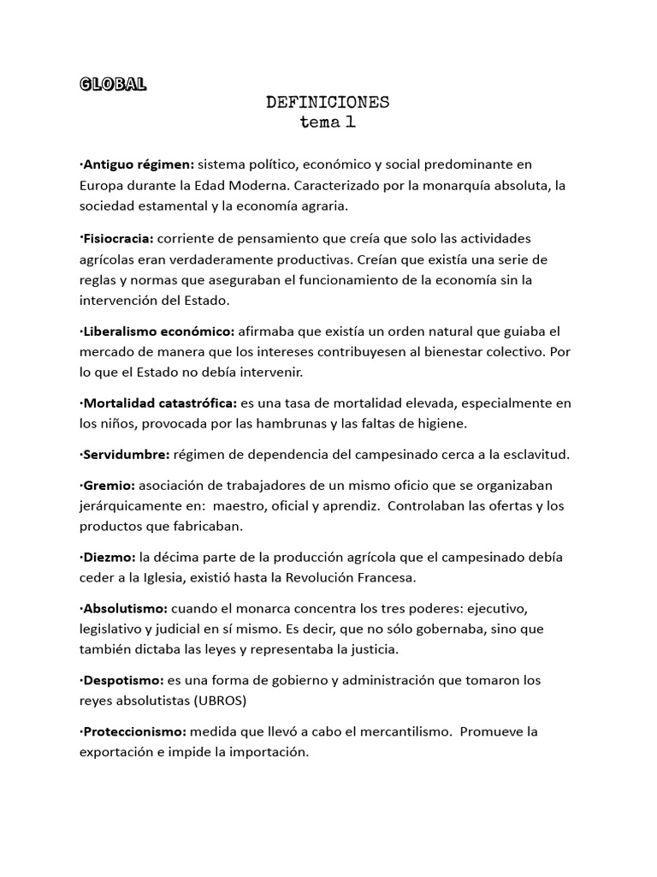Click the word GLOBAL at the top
tap(112, 84)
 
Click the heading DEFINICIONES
tap(328, 103)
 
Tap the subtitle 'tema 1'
tap(328, 122)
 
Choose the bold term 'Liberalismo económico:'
tap(159, 331)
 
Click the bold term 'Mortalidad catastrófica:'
tap(162, 403)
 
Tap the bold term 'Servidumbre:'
tap(126, 453)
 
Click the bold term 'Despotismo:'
tap(123, 680)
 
